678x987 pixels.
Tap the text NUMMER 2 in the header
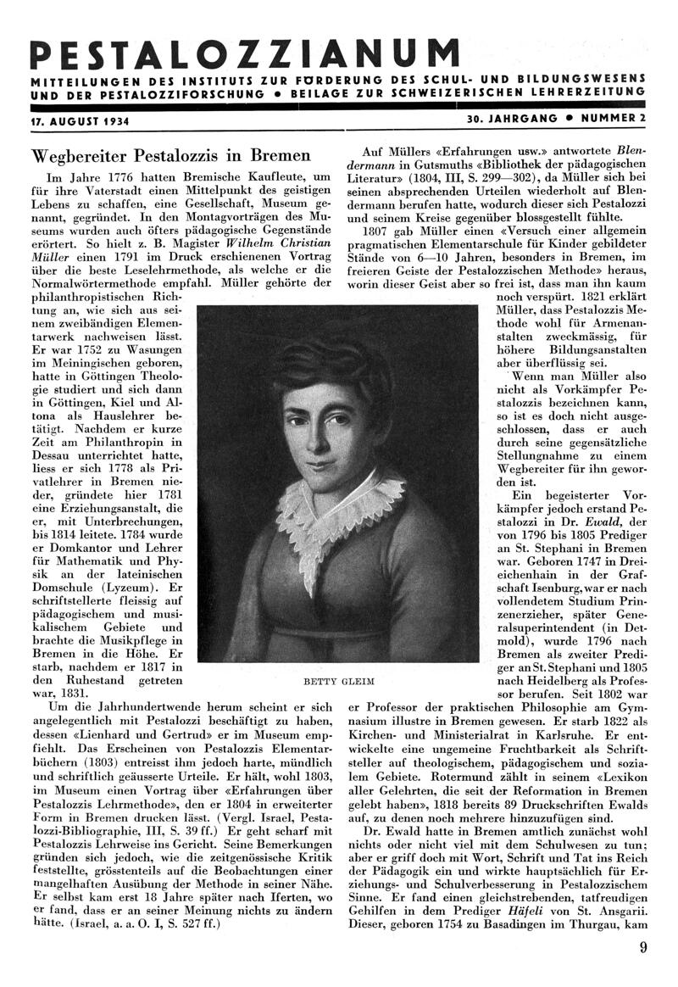click(614, 118)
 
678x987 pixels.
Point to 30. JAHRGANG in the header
click(512, 118)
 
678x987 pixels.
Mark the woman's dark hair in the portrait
click(331, 360)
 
